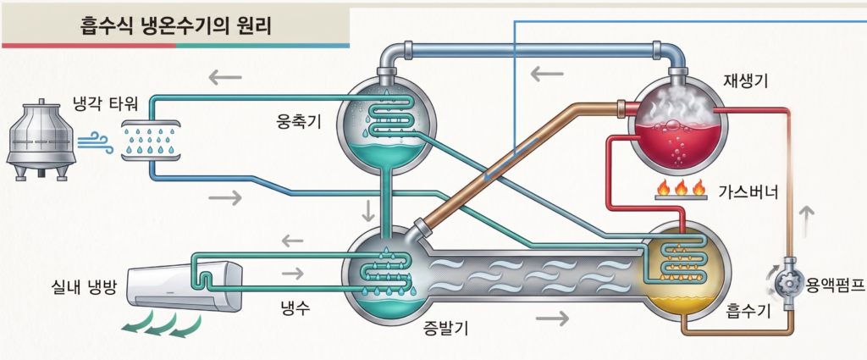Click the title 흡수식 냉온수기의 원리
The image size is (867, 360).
(x=175, y=25)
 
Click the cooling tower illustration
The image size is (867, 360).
(x=41, y=140)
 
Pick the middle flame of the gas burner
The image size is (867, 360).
(x=682, y=188)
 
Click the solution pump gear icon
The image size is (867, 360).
(x=788, y=284)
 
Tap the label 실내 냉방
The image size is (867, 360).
(x=83, y=287)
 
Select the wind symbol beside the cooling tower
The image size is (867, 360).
(x=95, y=141)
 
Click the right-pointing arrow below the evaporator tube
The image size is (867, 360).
(x=552, y=318)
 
